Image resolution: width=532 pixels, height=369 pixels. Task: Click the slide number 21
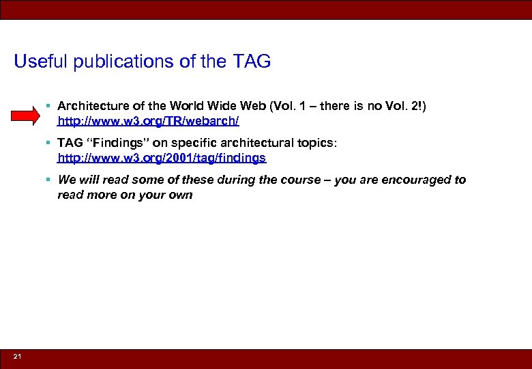[18, 357]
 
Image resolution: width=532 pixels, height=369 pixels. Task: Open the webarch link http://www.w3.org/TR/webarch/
[149, 122]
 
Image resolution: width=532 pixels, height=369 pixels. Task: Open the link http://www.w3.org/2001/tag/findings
[162, 158]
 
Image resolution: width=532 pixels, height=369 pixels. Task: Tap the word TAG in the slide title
[252, 61]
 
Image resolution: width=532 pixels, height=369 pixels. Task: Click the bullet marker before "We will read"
[50, 180]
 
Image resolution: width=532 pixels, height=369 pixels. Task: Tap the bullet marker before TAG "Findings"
[50, 143]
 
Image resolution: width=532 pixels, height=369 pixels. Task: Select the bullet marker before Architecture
[50, 106]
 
